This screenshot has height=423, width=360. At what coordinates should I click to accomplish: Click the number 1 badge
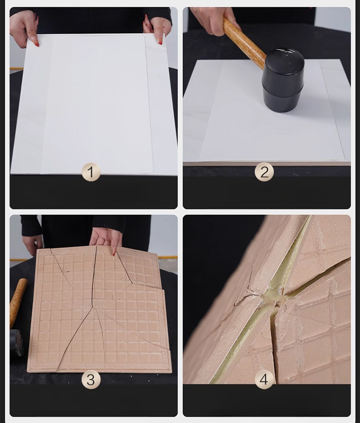click(91, 172)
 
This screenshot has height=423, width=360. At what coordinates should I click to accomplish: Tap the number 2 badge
click(264, 172)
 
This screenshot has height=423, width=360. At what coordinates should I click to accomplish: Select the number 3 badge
click(91, 379)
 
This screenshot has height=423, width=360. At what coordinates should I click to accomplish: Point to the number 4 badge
click(264, 379)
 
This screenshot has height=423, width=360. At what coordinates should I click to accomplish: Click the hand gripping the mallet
click(215, 20)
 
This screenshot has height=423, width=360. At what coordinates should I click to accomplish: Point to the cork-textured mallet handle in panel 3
click(18, 302)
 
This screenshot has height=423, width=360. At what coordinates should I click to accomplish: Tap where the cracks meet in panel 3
click(93, 307)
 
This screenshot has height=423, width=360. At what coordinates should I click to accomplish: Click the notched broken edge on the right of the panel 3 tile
click(164, 290)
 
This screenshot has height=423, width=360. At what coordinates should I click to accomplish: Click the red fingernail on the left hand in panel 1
click(37, 44)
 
